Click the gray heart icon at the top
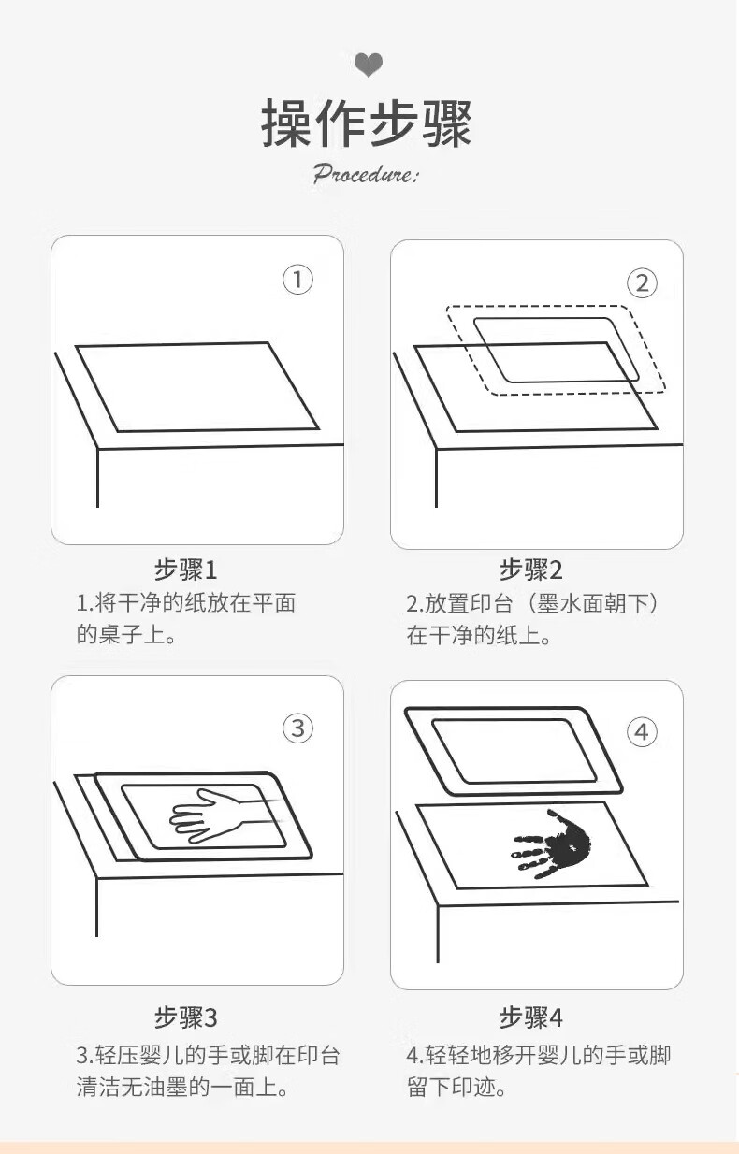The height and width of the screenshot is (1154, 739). (369, 65)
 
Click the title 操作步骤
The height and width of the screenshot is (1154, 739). (367, 124)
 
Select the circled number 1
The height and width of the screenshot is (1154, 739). (297, 280)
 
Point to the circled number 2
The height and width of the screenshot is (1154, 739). (642, 283)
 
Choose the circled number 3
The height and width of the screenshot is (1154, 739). (297, 728)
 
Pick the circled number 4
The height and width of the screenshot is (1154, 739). (642, 732)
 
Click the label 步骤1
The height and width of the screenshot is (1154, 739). (186, 570)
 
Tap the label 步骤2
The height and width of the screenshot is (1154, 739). (531, 570)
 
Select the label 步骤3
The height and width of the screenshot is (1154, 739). (186, 1017)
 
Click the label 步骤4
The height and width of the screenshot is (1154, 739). (531, 1017)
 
